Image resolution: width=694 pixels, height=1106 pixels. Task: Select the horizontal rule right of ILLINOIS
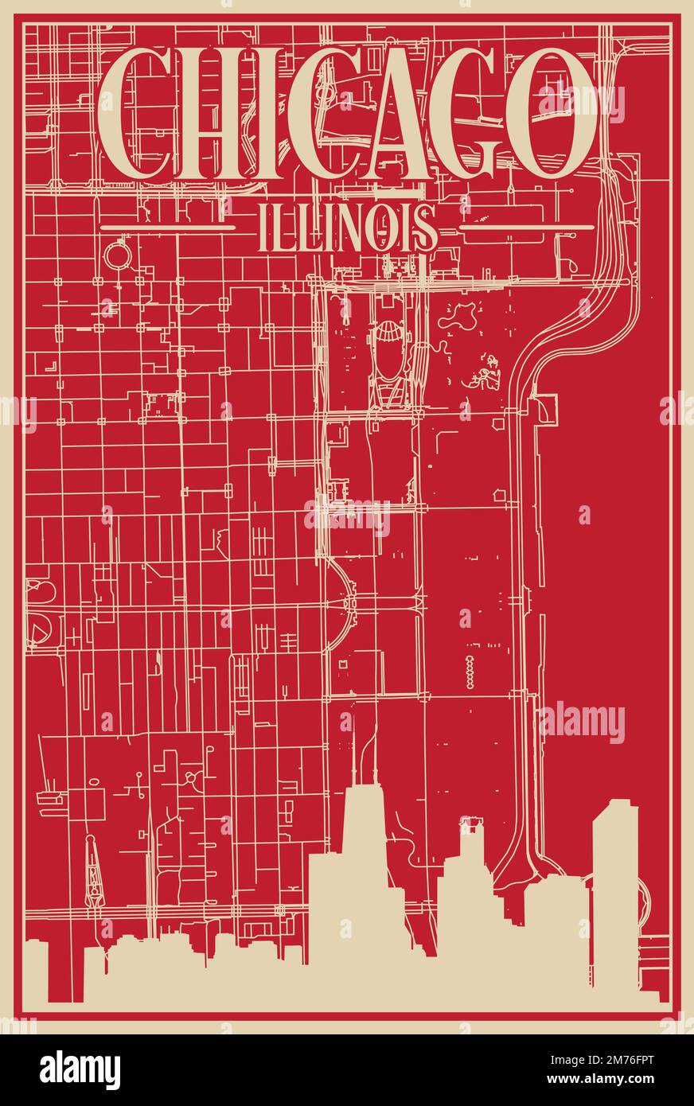[527, 228]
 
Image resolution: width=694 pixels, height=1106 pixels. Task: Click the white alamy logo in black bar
[80, 1069]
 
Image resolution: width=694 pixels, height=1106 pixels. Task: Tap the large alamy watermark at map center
[347, 517]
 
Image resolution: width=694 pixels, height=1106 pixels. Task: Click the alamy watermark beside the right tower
[582, 722]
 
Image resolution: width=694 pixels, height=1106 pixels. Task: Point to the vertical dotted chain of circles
[470, 672]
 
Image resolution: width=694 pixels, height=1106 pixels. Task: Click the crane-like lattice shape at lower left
[94, 871]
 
